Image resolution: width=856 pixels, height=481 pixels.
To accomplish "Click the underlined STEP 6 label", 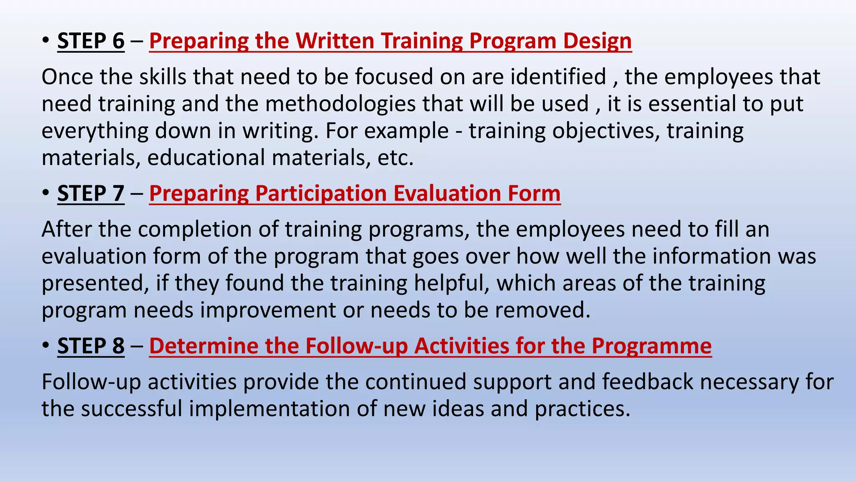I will click(x=91, y=41).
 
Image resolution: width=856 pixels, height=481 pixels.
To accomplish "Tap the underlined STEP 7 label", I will click(x=91, y=193).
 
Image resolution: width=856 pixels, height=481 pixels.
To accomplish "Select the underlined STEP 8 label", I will click(x=91, y=346).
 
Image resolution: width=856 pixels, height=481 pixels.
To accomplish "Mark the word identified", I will click(x=558, y=77).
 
